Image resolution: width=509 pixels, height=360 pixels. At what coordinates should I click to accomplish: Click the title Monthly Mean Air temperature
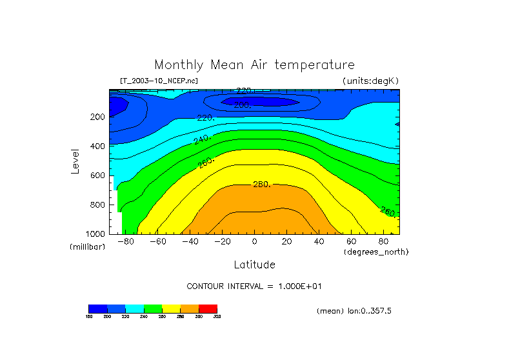(x=254, y=65)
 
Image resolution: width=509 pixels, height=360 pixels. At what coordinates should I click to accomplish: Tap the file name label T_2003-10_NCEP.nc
(x=159, y=81)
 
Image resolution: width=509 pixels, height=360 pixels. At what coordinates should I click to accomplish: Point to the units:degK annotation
(x=370, y=81)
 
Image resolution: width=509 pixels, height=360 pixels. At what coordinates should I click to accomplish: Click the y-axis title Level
(x=75, y=161)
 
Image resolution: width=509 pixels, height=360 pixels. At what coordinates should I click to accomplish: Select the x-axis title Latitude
(x=254, y=265)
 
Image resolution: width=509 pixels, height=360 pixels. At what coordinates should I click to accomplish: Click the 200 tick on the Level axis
(x=97, y=117)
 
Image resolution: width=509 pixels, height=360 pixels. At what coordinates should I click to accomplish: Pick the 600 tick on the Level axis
(x=97, y=175)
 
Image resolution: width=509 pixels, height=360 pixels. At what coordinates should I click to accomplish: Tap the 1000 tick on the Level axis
(x=95, y=234)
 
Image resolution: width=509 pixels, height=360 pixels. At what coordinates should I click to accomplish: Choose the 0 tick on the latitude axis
(x=254, y=242)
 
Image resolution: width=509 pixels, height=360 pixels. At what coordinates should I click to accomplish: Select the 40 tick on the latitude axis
(x=319, y=242)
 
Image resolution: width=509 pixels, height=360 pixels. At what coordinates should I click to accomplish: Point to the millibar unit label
(x=87, y=247)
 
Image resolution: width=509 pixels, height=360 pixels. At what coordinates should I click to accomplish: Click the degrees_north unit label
(x=376, y=252)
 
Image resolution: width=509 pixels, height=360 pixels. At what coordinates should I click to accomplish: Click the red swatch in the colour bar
(x=208, y=308)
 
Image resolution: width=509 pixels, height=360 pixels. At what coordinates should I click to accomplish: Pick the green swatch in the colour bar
(x=153, y=308)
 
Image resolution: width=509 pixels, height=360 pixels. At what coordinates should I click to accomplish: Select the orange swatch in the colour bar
(x=190, y=308)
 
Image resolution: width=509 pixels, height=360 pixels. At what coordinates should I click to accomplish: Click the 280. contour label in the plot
(x=261, y=185)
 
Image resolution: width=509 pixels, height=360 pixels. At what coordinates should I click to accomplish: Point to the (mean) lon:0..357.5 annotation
(x=354, y=311)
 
